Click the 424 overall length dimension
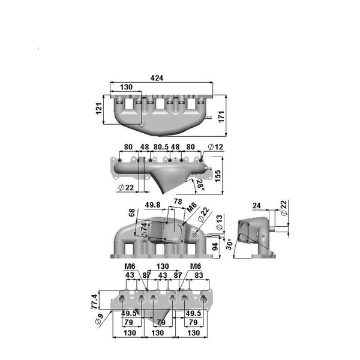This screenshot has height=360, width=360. pos(157,78)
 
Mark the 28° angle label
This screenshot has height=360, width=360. pos(199,186)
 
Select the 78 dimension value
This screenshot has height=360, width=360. pos(177,201)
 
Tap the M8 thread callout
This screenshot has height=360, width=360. pos(191,208)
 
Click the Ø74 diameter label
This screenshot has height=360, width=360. pos(143,229)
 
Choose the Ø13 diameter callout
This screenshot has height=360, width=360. pos(219,220)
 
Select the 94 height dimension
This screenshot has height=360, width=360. pos(215,247)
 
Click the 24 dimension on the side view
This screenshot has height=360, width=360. pos(257,206)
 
